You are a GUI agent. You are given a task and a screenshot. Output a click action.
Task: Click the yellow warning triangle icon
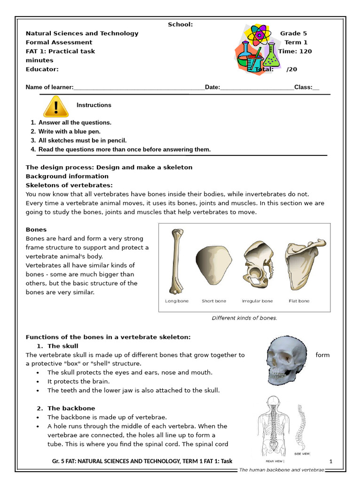pos(56,107)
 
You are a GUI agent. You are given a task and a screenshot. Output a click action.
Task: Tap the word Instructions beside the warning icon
pos(94,105)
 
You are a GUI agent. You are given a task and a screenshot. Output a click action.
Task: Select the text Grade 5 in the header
pos(293,33)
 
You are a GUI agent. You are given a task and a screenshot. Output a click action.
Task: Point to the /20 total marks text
pos(292,69)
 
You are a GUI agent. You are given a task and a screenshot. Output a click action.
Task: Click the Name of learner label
pos(49,88)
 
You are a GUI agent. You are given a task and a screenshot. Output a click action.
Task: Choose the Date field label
pos(212,88)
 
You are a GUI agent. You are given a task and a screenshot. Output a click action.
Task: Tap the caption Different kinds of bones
pos(244,318)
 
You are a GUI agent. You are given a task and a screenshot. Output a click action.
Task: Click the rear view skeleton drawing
pos(273,426)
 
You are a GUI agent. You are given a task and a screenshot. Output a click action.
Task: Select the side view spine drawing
pos(300,426)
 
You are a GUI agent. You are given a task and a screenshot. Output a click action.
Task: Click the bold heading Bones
pos(36,230)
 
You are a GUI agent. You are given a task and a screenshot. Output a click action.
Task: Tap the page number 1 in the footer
pos(331,461)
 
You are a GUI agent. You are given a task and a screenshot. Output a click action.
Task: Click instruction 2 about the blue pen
pos(69,131)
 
